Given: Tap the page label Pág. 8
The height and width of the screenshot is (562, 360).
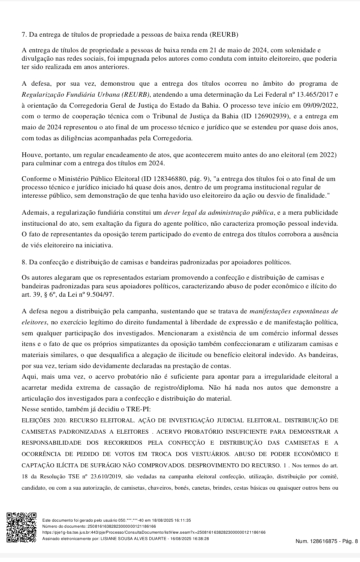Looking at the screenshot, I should pyautogui.click(x=350, y=541).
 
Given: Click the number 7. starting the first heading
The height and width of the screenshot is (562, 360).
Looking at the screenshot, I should pyautogui.click(x=24, y=34).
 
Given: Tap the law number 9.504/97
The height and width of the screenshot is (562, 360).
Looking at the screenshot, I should pyautogui.click(x=100, y=295).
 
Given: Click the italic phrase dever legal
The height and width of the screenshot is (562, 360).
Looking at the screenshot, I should pyautogui.click(x=179, y=212).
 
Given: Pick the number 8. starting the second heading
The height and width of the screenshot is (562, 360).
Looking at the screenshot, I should pyautogui.click(x=24, y=262).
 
